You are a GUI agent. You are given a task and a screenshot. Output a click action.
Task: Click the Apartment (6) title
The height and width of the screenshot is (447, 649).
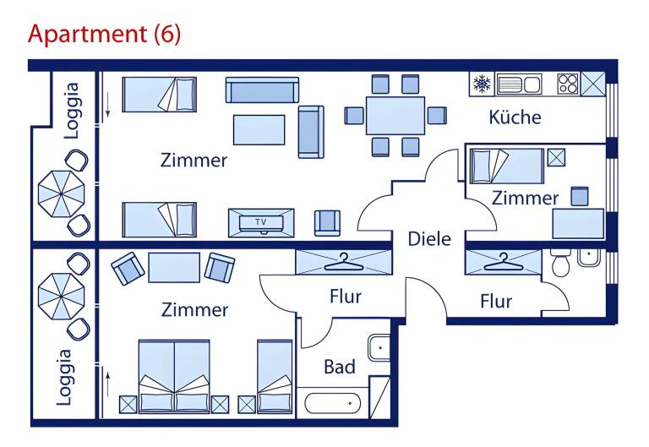click(x=104, y=35)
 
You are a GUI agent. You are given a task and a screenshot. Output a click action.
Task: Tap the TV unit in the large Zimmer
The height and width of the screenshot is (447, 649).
click(x=261, y=222)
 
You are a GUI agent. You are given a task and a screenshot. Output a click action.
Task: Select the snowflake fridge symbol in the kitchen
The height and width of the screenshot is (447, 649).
click(x=482, y=84)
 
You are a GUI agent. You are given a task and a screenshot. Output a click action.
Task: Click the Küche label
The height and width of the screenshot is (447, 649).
click(x=515, y=117)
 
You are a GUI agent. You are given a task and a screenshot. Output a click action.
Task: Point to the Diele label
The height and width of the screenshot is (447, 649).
click(x=429, y=239)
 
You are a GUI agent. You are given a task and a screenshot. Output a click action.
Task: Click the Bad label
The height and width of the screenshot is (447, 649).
click(x=340, y=368)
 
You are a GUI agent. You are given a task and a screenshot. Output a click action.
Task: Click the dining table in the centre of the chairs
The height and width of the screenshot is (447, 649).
click(x=395, y=115)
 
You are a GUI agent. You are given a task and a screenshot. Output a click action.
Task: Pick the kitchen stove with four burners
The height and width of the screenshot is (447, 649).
click(x=567, y=84)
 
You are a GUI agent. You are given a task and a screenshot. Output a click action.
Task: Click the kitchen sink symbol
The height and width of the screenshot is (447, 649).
click(x=519, y=84)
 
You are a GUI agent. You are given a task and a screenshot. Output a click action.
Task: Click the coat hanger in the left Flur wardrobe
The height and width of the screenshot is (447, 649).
click(x=343, y=262)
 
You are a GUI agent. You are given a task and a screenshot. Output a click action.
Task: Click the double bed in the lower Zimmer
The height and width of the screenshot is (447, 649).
click(x=174, y=377)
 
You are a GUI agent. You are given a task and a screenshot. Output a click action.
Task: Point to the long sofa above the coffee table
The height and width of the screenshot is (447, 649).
click(x=262, y=90)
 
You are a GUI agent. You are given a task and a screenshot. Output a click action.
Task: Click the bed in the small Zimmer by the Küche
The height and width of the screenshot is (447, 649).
click(x=506, y=166)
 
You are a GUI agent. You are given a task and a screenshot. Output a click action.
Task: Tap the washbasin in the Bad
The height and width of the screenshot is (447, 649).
click(x=379, y=346)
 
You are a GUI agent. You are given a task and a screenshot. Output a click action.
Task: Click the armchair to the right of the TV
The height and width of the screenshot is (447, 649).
click(x=327, y=222)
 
